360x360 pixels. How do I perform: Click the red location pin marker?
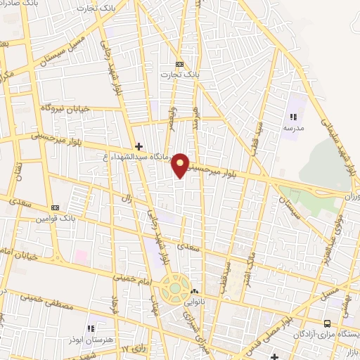click(x=181, y=165)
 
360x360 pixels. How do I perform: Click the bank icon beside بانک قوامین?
click(x=55, y=208)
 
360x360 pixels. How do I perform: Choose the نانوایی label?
click(x=195, y=302)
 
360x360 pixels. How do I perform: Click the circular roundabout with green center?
click(x=174, y=288)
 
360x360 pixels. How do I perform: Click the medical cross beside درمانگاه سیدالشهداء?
click(x=139, y=146)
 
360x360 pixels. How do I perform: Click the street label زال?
click(x=127, y=200)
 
